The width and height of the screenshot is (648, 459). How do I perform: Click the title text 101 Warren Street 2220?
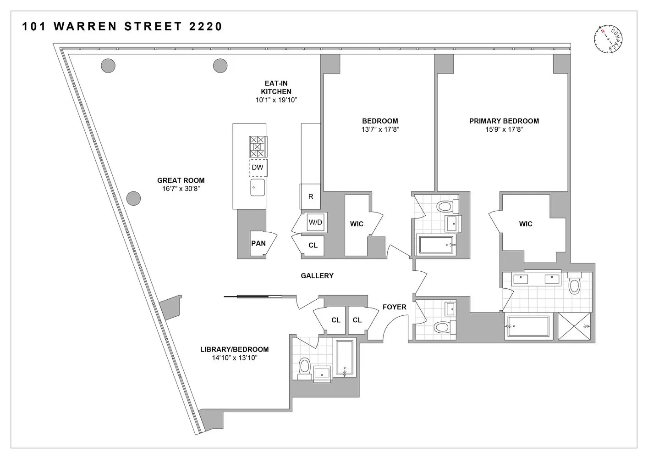(x=122, y=27)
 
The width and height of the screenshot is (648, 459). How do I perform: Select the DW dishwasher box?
(x=258, y=168)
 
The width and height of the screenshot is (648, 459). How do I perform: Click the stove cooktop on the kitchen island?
(x=258, y=146)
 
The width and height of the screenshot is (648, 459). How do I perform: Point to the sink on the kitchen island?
(x=258, y=187)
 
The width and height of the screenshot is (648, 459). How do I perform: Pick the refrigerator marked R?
(x=311, y=196)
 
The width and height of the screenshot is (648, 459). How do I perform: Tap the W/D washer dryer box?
(x=315, y=223)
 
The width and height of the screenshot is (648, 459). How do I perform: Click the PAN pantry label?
(x=258, y=243)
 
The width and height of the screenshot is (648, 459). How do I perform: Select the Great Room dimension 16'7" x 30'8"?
(x=181, y=189)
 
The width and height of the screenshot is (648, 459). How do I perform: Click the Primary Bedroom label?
(x=504, y=121)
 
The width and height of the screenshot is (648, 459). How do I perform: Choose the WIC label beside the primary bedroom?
(x=526, y=224)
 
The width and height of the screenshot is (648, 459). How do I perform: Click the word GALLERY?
(x=317, y=276)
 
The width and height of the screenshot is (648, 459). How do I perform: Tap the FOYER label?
(x=394, y=307)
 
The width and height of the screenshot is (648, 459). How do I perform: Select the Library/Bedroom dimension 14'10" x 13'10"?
(x=234, y=358)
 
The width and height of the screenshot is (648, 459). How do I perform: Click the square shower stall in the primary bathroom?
(x=575, y=326)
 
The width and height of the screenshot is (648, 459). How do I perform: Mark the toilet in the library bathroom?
(x=304, y=368)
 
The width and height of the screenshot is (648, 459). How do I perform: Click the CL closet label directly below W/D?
(x=313, y=246)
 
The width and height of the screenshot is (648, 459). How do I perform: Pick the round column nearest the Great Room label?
(x=133, y=198)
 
